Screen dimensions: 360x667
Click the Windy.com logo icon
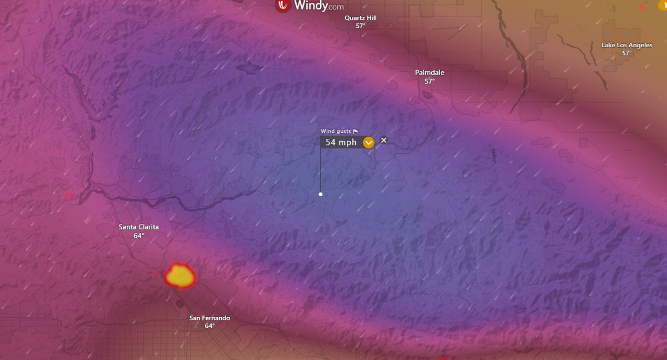tap(283, 6)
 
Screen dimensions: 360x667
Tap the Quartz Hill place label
tap(360, 18)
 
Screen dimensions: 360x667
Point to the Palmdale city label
tap(430, 72)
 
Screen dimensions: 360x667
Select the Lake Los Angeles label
tap(626, 45)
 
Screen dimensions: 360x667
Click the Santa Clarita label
tap(138, 227)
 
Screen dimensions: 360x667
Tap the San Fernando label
tap(210, 318)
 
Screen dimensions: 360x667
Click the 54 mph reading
tap(341, 142)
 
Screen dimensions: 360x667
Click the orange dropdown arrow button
tap(369, 143)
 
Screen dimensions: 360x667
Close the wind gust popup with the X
tap(384, 140)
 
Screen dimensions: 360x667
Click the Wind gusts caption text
tap(336, 131)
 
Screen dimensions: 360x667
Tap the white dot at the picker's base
tap(321, 194)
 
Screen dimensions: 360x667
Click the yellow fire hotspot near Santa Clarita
tap(180, 275)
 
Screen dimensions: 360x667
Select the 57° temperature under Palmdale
tap(430, 81)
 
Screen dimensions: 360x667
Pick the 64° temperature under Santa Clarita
tap(138, 236)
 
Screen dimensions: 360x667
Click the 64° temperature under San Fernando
tap(210, 326)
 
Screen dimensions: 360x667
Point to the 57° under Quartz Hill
tap(360, 26)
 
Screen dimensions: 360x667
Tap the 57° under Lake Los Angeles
tap(626, 53)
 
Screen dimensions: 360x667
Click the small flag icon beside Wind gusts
tap(356, 131)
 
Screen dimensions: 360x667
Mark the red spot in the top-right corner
tap(642, 7)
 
